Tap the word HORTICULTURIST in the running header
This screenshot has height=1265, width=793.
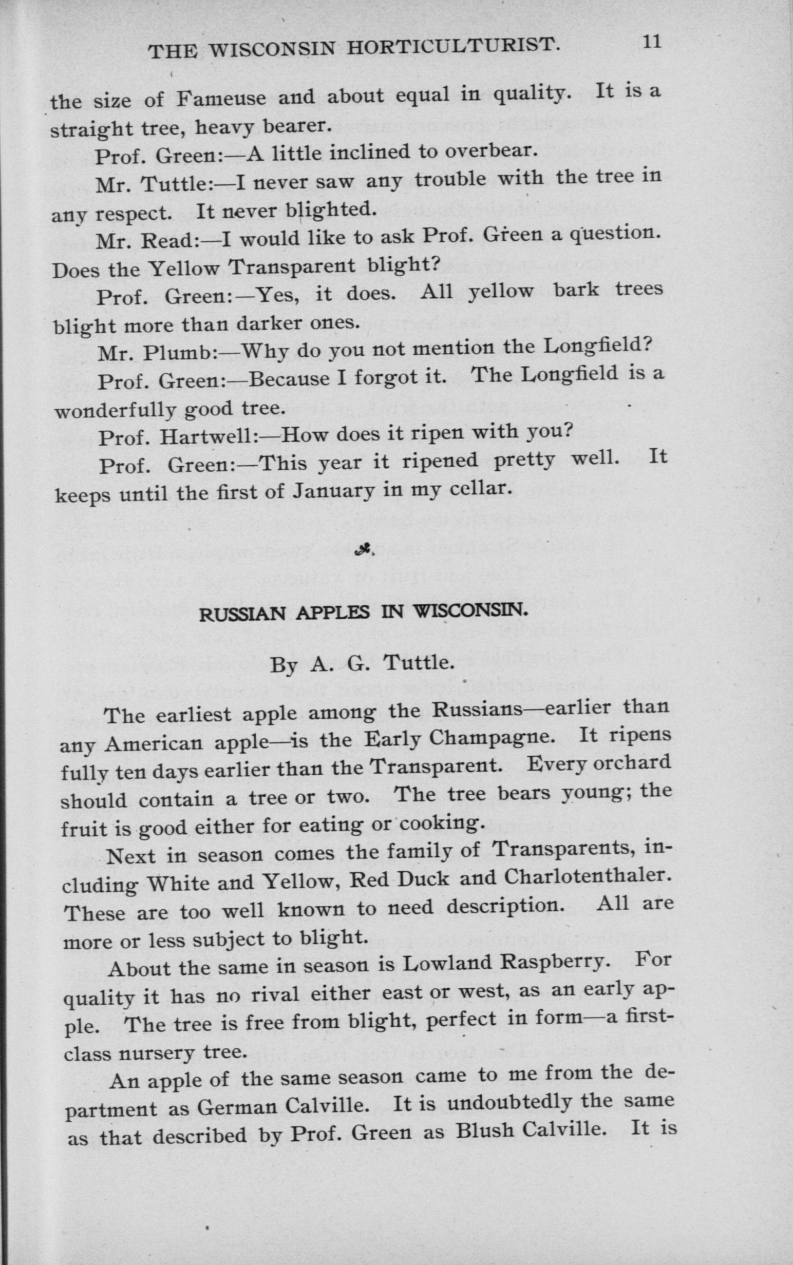454,48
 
